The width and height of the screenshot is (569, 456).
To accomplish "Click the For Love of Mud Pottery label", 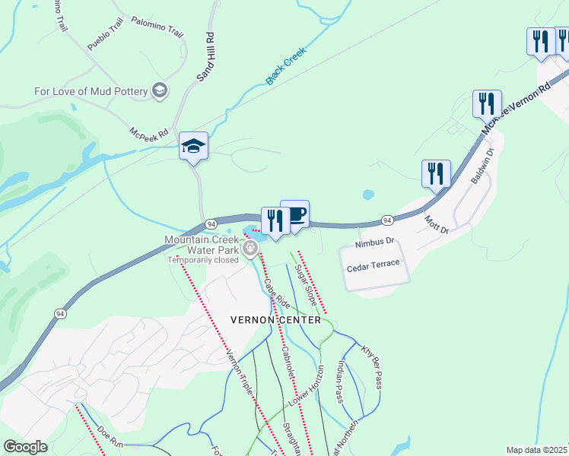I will (x=92, y=92).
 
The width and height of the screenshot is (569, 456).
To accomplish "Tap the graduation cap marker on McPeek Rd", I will (x=193, y=146).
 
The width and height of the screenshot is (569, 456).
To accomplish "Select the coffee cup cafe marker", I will (x=295, y=214).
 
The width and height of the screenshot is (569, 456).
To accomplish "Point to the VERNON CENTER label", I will (x=276, y=320).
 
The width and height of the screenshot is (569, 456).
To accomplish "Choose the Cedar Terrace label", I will (x=372, y=268).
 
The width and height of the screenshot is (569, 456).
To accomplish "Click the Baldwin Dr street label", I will (x=482, y=166).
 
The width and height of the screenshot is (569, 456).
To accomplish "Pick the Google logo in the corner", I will (x=25, y=447).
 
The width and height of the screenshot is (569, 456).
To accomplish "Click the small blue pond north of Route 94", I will (x=368, y=195).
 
